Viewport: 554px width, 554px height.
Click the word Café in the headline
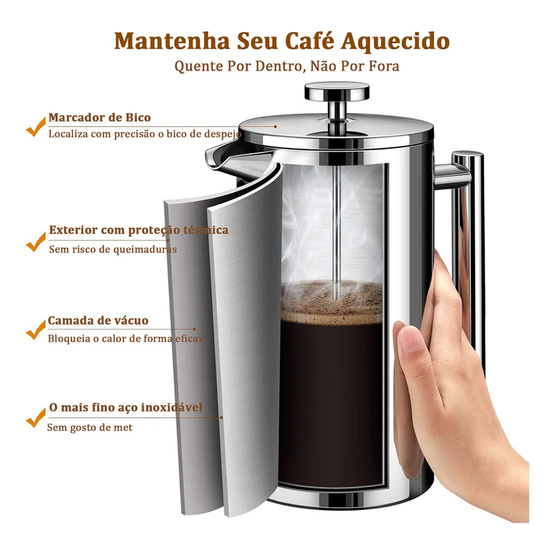point(309,40)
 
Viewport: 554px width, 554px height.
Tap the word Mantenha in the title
point(172,41)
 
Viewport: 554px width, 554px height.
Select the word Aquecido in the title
point(395,42)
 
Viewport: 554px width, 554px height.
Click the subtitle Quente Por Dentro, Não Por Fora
point(287,66)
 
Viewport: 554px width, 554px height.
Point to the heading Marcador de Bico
point(100,117)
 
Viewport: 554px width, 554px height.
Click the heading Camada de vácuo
point(98,321)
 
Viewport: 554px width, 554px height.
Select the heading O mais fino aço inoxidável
point(126,407)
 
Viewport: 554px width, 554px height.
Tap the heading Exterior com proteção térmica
point(138,230)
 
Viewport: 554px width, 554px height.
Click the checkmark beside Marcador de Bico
point(36,127)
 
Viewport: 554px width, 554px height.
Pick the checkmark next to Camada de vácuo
point(36,329)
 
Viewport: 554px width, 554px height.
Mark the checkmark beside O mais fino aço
point(36,417)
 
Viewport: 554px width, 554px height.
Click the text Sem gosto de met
point(90,427)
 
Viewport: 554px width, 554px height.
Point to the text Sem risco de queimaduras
point(113,249)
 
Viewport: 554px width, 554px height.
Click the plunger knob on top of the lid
point(337,90)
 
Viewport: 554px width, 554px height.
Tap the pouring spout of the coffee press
point(221,159)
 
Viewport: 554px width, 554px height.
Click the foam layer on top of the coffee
point(332,303)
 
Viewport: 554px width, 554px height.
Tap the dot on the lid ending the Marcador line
point(276,127)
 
